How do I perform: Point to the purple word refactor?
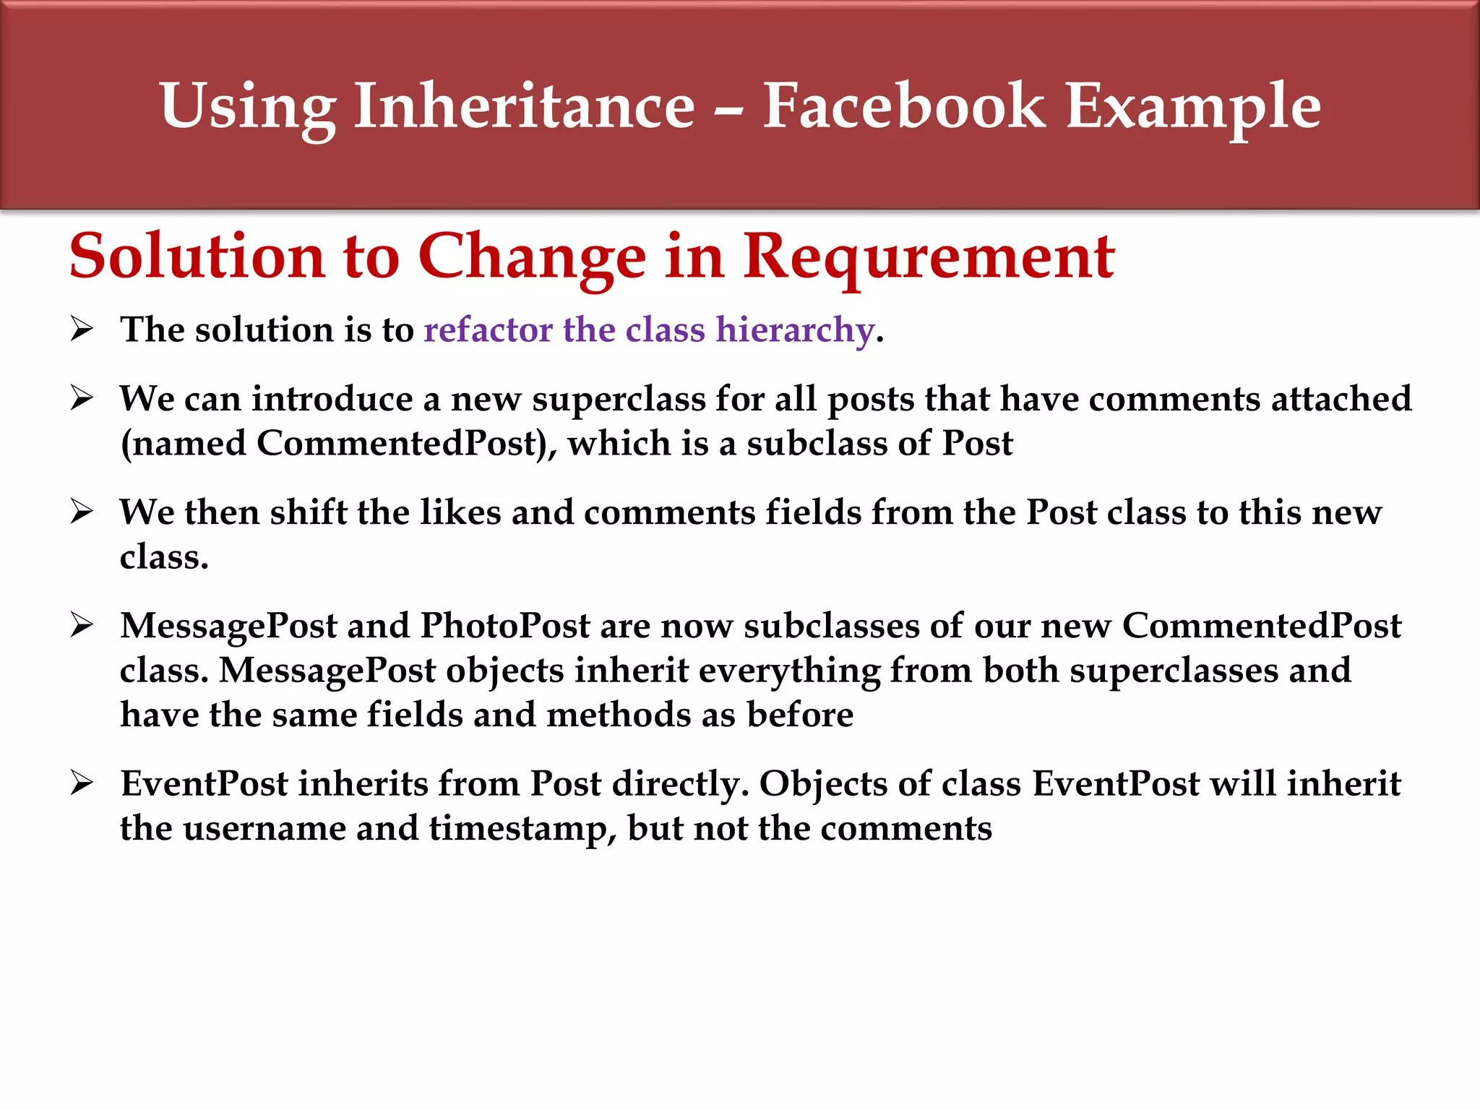488,330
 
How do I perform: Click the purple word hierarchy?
795,331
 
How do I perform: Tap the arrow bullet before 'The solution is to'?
82,330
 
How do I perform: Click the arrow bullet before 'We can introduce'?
82,398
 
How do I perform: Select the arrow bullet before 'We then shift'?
82,512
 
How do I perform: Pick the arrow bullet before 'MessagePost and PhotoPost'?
82,625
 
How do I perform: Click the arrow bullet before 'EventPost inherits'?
82,783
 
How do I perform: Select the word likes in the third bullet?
461,512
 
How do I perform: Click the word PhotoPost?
505,626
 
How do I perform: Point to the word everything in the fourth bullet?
789,671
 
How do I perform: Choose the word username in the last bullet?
264,828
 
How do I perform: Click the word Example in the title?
1193,107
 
